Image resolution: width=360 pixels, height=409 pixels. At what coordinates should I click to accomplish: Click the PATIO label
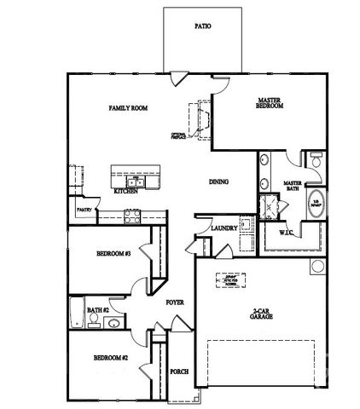click(202, 26)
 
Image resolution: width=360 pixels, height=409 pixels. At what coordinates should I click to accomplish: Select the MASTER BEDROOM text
click(270, 104)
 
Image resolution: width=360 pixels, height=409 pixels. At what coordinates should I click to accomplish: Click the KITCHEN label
click(125, 192)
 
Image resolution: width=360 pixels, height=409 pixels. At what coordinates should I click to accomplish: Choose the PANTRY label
click(84, 209)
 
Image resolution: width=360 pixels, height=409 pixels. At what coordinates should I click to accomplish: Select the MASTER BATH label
click(294, 185)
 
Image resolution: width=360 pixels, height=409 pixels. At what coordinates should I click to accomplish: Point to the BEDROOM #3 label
click(112, 255)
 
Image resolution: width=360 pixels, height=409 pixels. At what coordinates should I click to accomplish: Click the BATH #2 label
click(98, 310)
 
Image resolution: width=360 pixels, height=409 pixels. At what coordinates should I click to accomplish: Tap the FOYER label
click(176, 302)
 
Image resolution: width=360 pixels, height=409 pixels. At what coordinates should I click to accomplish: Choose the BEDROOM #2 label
click(111, 358)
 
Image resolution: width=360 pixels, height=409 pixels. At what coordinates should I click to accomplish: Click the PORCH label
click(178, 372)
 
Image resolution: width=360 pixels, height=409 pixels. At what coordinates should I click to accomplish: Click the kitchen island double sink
click(135, 181)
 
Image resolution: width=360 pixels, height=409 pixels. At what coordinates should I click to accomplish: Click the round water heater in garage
click(317, 267)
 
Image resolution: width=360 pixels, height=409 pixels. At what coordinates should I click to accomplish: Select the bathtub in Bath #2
click(77, 313)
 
